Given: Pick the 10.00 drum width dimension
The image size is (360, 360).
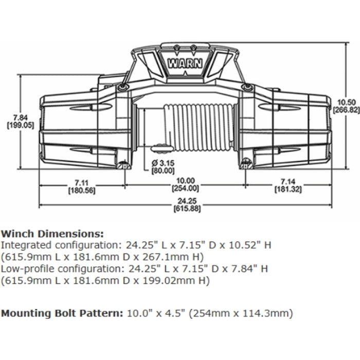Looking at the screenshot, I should click(184, 181).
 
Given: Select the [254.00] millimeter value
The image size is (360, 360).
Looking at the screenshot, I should click(184, 188).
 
